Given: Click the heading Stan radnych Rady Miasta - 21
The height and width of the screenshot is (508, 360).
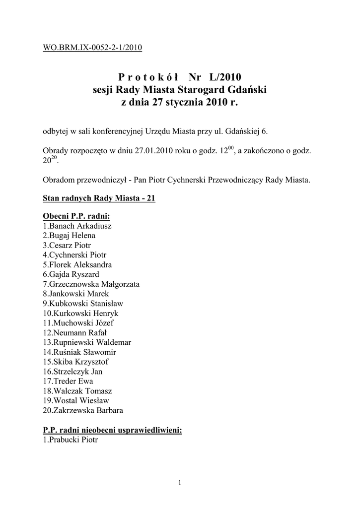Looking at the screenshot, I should [x=99, y=198].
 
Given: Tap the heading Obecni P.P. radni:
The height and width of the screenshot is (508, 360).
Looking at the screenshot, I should [x=76, y=217].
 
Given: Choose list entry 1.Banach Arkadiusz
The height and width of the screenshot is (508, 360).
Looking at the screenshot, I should [x=77, y=226].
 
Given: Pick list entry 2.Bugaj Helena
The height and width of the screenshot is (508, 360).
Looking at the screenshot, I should [x=69, y=235].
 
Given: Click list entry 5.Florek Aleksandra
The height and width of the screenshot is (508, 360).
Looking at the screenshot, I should [x=77, y=264].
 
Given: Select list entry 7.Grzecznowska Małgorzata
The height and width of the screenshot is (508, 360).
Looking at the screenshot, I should [x=91, y=284].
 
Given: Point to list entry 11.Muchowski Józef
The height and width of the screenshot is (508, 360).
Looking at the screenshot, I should [x=78, y=323].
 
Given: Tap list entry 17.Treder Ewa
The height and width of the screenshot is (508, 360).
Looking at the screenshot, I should [x=68, y=381].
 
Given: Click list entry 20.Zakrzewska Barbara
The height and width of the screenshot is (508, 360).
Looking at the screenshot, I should [x=83, y=410].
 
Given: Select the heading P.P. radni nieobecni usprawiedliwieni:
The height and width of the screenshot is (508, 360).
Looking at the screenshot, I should [x=113, y=430].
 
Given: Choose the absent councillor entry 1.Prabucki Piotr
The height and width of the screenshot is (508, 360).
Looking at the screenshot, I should [x=71, y=440].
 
